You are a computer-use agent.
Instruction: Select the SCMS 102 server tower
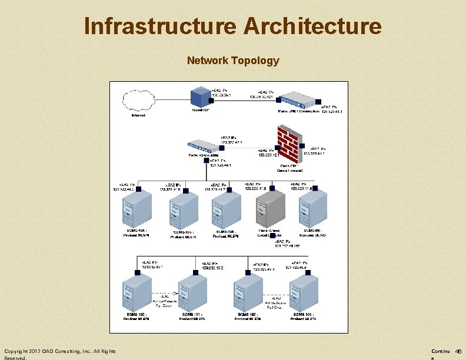(247, 293)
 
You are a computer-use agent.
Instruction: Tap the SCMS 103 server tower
(304, 293)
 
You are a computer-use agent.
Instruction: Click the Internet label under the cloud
(138, 115)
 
